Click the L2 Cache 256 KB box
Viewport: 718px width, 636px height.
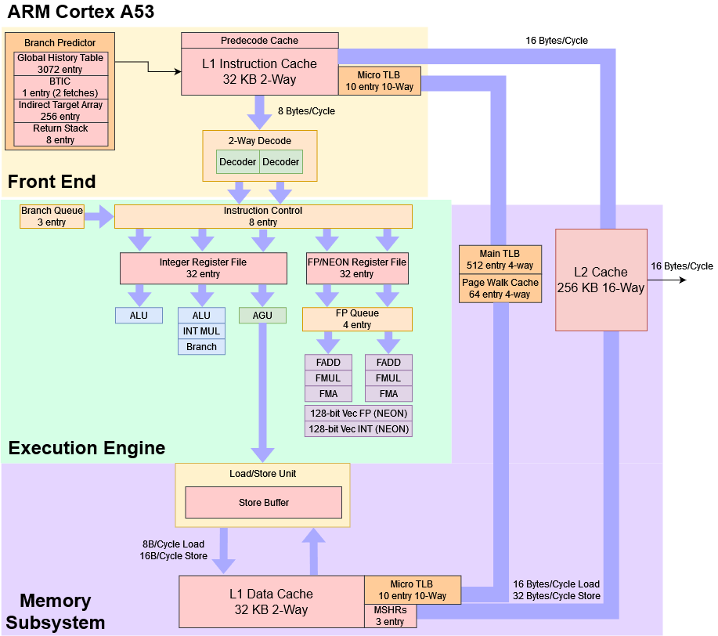tap(601, 280)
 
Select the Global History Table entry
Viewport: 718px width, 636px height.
tap(60, 63)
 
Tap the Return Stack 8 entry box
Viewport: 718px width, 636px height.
tap(60, 134)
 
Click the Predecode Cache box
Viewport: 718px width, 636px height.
tap(259, 41)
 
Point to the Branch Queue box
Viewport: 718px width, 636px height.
tap(52, 216)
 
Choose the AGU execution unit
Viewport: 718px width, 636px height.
tap(262, 315)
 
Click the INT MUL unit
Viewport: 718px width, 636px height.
tap(201, 331)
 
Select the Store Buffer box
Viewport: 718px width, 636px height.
tap(263, 502)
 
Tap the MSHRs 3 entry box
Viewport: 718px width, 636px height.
tap(390, 616)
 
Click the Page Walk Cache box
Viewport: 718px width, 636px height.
tap(500, 288)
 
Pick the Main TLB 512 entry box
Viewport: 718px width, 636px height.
tap(500, 259)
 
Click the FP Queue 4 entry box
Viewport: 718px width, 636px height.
tap(357, 319)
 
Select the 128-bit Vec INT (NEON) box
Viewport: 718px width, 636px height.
tap(358, 429)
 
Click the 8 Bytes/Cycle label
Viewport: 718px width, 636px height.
tap(306, 111)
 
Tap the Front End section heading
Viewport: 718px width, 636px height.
tap(52, 182)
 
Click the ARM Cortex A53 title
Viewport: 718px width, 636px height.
tap(81, 12)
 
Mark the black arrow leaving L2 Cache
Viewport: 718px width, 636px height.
tap(669, 280)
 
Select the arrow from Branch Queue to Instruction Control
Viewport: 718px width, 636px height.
tap(100, 216)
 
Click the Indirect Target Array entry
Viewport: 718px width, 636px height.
tap(60, 110)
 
